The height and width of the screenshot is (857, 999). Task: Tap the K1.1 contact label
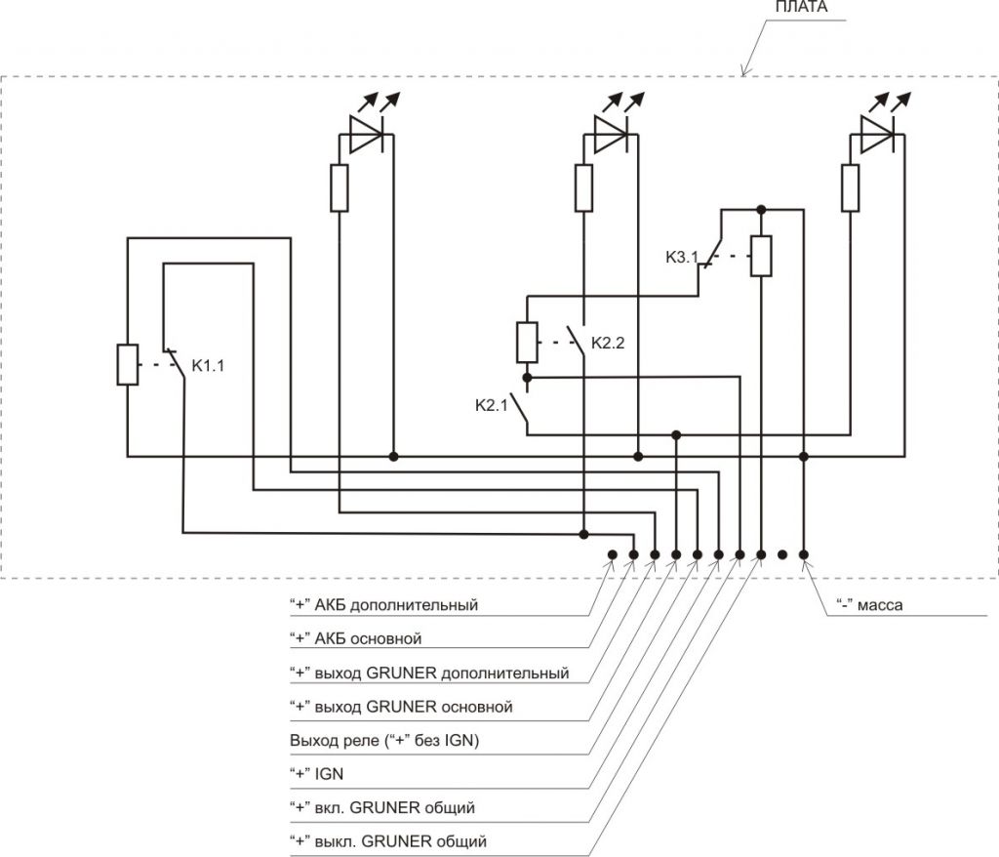(210, 367)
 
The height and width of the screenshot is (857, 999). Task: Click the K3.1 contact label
(683, 259)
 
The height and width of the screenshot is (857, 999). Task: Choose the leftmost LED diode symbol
(367, 138)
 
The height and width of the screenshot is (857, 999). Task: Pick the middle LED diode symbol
(611, 138)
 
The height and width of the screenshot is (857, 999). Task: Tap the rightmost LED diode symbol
(876, 136)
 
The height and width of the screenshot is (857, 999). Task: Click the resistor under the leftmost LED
(339, 187)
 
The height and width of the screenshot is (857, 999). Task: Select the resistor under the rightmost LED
(850, 187)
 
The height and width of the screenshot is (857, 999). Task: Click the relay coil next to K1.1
(128, 364)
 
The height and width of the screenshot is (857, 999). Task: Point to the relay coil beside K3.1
(761, 256)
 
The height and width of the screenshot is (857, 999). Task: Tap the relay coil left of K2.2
(527, 342)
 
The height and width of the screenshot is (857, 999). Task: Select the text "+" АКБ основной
(355, 639)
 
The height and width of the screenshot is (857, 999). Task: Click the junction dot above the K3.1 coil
(761, 208)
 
